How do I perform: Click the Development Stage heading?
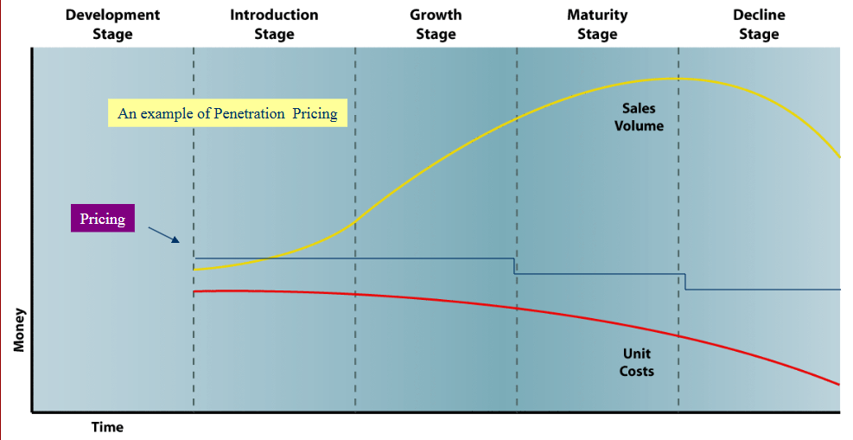tap(112, 24)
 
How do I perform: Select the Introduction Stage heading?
tap(274, 24)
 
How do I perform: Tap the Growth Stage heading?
tap(436, 24)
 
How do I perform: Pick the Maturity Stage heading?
tap(597, 24)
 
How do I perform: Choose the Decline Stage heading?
tap(759, 24)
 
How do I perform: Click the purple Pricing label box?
tap(103, 219)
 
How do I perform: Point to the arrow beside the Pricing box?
tap(163, 234)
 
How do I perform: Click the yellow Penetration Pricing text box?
tap(227, 113)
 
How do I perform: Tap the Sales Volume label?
tap(639, 118)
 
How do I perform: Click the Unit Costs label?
tap(636, 362)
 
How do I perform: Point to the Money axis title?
tap(18, 330)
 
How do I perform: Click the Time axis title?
tap(107, 427)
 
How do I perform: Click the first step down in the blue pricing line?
tap(515, 266)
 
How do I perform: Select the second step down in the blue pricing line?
tap(684, 282)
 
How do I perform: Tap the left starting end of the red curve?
tap(195, 292)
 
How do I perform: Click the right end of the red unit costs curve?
tap(838, 384)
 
